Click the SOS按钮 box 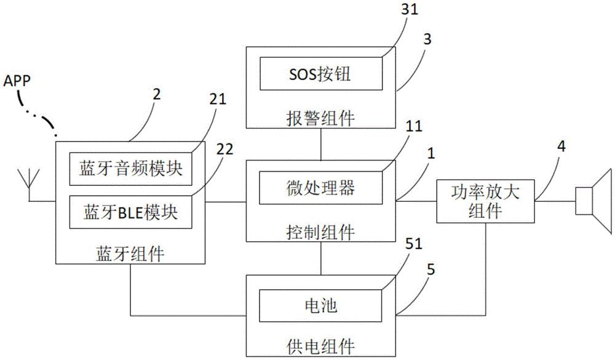pos(321,73)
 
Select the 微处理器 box pos(321,188)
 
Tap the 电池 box pos(321,305)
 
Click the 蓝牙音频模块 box pos(130,169)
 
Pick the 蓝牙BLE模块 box pos(130,212)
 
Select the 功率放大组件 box pos(486,202)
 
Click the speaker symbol pos(593,201)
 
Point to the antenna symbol pos(29,185)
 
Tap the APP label pos(17,81)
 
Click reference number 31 pos(410,9)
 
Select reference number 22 pos(224,149)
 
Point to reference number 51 pos(413,244)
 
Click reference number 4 pos(561,146)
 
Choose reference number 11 pos(413,126)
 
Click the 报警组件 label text pos(321,118)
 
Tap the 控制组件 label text pos(321,232)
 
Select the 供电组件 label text pos(321,346)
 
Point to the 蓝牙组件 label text pos(130,254)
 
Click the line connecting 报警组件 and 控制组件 pos(321,144)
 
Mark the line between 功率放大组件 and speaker pos(555,201)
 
